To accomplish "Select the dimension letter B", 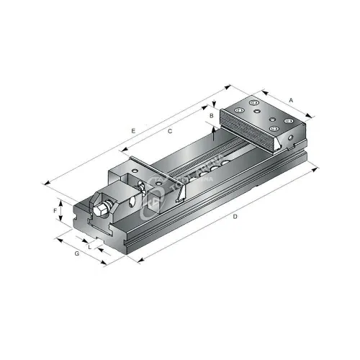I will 211,115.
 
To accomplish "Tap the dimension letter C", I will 169,132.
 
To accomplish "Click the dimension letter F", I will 55,210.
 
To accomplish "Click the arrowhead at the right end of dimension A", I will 312,116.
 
